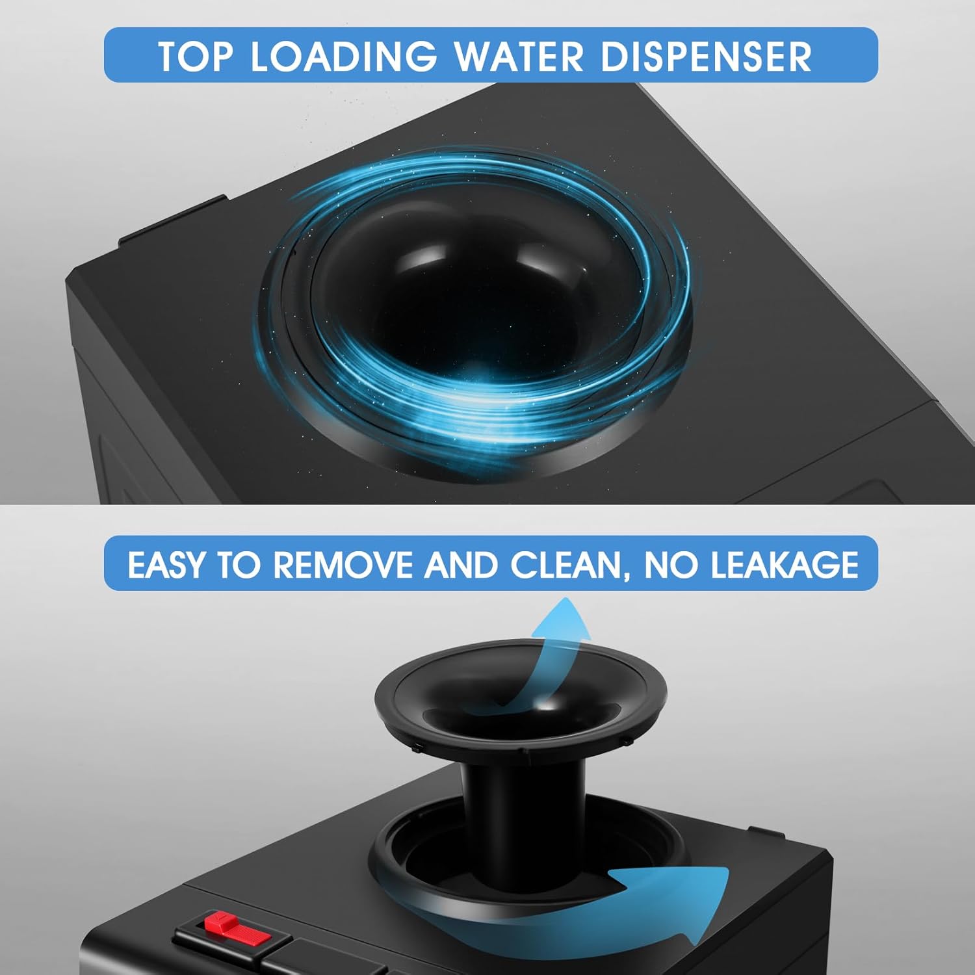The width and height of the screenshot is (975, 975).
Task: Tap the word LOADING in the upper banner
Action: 343,56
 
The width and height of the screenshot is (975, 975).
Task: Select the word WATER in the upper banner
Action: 519,56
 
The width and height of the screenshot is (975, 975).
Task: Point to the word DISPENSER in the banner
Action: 707,56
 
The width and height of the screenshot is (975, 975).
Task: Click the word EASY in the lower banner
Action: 166,564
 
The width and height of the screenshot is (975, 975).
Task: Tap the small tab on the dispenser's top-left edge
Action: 172,221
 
